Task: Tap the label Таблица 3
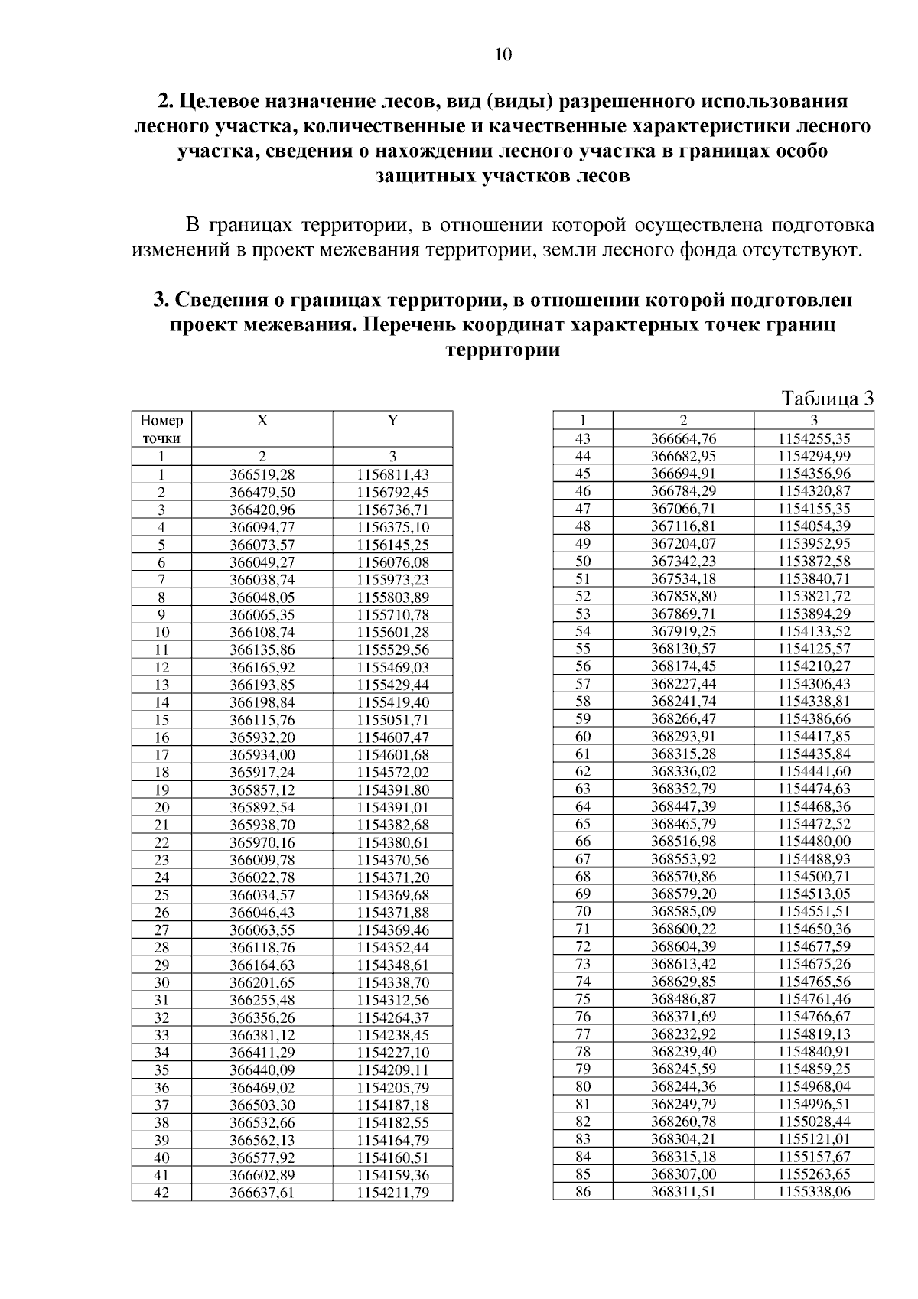[827, 399]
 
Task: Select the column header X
[262, 420]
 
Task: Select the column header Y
[392, 420]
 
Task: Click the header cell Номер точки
[161, 429]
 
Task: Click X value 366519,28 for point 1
[262, 474]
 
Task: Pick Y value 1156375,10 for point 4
[392, 527]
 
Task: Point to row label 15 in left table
[161, 720]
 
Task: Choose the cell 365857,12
[262, 790]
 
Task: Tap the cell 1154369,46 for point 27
[392, 930]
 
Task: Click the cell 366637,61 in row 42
[262, 1193]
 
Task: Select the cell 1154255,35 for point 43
[814, 439]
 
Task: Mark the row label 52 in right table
[583, 596]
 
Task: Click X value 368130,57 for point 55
[683, 649]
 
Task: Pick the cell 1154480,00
[814, 842]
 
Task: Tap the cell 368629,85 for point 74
[683, 982]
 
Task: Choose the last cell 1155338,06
[814, 1191]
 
